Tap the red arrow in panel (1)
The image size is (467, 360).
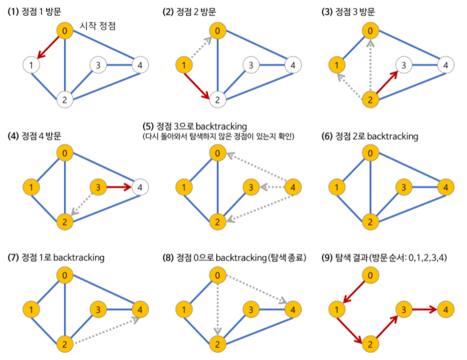click(49, 48)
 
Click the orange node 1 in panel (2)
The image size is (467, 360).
click(185, 66)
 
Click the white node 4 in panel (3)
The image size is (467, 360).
click(447, 66)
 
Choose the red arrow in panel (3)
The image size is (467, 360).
click(387, 81)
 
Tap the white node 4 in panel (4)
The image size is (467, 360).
click(141, 188)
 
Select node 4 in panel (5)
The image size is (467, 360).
click(294, 188)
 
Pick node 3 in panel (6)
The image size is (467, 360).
click(404, 188)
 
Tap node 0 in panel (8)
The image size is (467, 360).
click(218, 276)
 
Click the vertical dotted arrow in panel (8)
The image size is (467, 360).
click(218, 309)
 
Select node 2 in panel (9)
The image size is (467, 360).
click(371, 344)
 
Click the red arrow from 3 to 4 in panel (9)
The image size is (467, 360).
click(425, 310)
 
